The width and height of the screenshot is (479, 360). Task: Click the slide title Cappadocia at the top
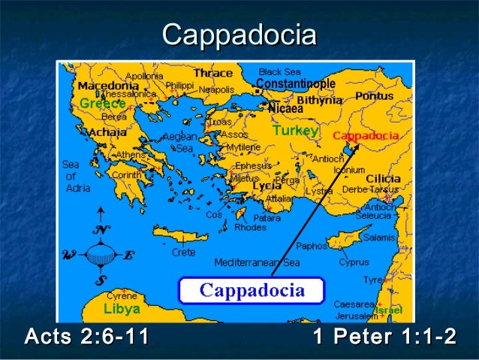tap(239, 35)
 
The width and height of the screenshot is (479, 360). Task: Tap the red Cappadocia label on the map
tap(366, 136)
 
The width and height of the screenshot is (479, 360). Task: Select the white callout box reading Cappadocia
tap(251, 290)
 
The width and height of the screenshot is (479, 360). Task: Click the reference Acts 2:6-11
tap(87, 337)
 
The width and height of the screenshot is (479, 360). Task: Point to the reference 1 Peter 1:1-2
tap(384, 337)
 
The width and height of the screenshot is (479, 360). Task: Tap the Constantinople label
tap(296, 83)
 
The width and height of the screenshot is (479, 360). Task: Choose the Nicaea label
tap(285, 108)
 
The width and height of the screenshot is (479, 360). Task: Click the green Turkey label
tap(295, 131)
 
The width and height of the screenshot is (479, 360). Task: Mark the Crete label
tap(183, 253)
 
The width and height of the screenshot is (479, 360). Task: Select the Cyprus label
tap(354, 262)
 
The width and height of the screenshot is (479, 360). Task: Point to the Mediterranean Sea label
tap(257, 263)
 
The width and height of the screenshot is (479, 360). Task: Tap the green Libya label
tap(122, 309)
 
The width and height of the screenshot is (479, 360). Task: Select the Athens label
tap(130, 156)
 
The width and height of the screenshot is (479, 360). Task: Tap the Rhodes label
tap(249, 227)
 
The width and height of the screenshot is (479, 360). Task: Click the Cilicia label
tap(383, 178)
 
